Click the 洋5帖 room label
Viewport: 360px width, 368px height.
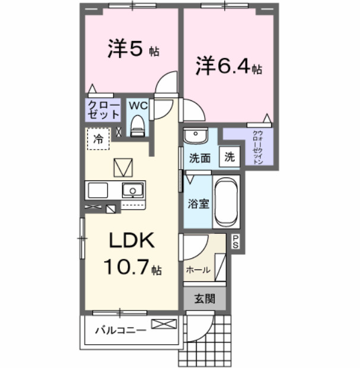(133, 50)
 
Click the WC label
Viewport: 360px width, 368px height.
(138, 105)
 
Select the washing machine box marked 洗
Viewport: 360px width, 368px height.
(229, 158)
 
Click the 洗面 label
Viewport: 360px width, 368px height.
(200, 158)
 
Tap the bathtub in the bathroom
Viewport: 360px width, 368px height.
(225, 202)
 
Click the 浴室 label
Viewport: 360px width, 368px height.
(199, 204)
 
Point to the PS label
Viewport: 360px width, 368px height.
(235, 241)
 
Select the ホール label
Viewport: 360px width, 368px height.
(197, 269)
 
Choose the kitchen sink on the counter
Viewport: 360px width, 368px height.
(133, 191)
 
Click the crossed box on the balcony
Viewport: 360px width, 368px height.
(164, 324)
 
